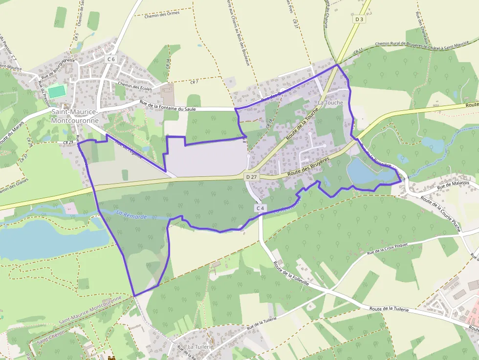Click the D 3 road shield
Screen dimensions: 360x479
[x=359, y=19]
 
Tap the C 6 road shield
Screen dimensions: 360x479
[x=111, y=59]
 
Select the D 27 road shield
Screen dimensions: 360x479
[x=251, y=176]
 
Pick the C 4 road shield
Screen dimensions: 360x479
[x=261, y=208]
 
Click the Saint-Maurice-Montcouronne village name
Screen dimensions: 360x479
[x=75, y=116]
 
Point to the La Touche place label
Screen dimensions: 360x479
[x=330, y=103]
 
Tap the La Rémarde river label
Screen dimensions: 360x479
[x=131, y=214]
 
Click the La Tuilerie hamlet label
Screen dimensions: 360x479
[x=200, y=346]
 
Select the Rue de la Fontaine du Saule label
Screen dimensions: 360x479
[x=168, y=106]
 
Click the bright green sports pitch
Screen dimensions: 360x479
[x=57, y=91]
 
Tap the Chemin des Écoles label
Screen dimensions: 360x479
[x=135, y=87]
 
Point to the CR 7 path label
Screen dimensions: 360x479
[x=194, y=82]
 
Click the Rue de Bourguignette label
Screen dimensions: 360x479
[x=58, y=68]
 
